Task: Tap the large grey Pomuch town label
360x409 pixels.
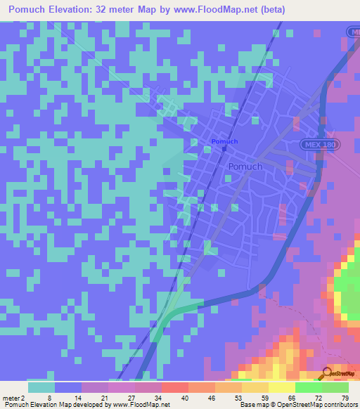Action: click(245, 167)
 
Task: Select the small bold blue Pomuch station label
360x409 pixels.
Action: click(224, 141)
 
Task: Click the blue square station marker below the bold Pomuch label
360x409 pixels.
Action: click(224, 148)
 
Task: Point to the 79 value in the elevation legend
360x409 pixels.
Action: click(345, 398)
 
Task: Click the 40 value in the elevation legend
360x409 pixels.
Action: click(184, 398)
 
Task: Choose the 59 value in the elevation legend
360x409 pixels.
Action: click(264, 398)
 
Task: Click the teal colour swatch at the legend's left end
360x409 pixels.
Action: click(41, 387)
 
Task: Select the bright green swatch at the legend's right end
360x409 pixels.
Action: click(335, 387)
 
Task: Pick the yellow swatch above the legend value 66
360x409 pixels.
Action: click(282, 387)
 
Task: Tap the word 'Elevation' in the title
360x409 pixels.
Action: click(85, 9)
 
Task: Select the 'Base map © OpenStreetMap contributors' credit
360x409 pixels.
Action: click(298, 405)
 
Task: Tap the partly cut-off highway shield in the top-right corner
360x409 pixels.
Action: click(354, 32)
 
